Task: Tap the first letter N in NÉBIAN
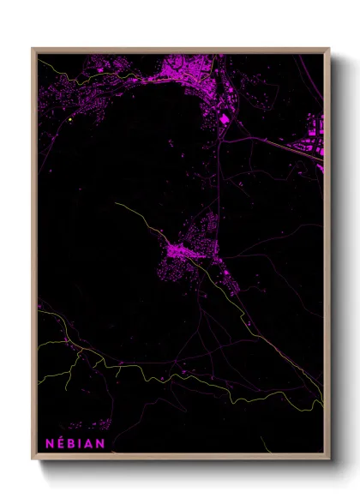click(48, 443)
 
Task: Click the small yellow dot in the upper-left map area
click(68, 120)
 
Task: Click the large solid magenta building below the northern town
click(225, 120)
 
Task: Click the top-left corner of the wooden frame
click(33, 49)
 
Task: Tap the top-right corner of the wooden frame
click(328, 49)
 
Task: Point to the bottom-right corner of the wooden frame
click(328, 458)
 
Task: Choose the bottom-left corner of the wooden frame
click(33, 458)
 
